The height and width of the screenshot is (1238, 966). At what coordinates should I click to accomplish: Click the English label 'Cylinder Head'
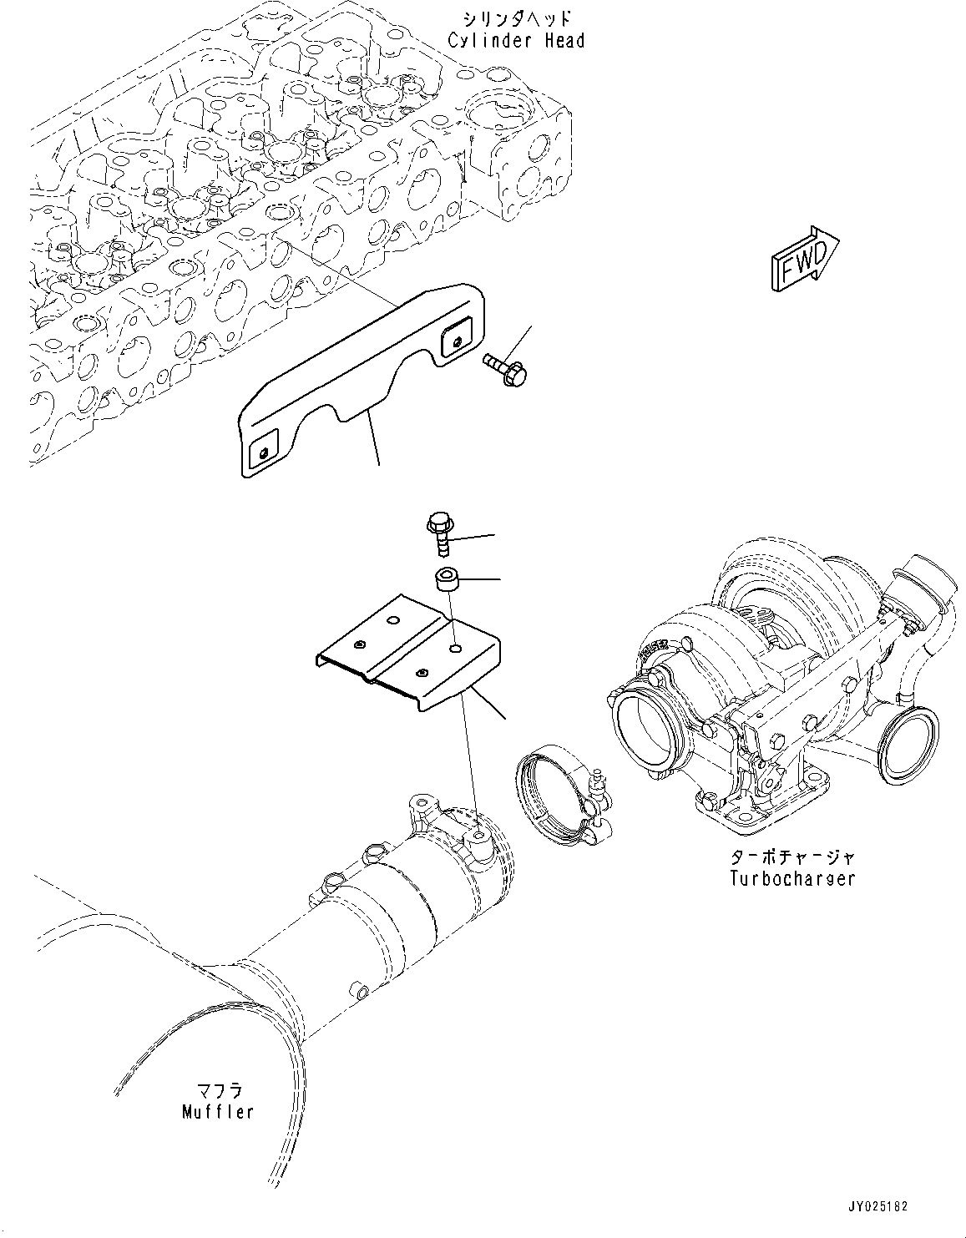(x=516, y=41)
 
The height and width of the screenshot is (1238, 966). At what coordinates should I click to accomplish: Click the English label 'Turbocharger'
(x=791, y=878)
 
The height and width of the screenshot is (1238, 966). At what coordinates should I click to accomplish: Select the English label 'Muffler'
(x=217, y=1112)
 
